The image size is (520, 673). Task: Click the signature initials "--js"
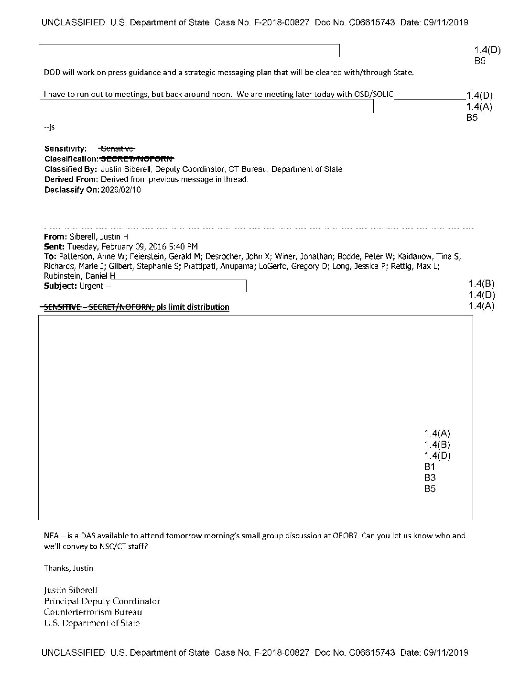point(49,127)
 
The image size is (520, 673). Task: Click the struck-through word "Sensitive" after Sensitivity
point(117,149)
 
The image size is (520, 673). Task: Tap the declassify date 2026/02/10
point(121,190)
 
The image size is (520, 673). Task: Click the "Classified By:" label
point(71,169)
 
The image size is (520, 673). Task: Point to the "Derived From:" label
point(71,180)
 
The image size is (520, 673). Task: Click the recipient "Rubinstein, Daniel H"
point(79,276)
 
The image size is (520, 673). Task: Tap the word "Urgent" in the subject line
point(91,286)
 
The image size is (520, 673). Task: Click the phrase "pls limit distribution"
point(193,307)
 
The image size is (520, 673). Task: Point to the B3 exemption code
point(430,478)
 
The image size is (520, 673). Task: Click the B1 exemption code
point(430,467)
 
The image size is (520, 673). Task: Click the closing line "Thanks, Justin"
point(69,568)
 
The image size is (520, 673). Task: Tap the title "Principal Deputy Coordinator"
point(102,601)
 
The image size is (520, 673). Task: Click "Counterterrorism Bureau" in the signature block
point(93,612)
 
